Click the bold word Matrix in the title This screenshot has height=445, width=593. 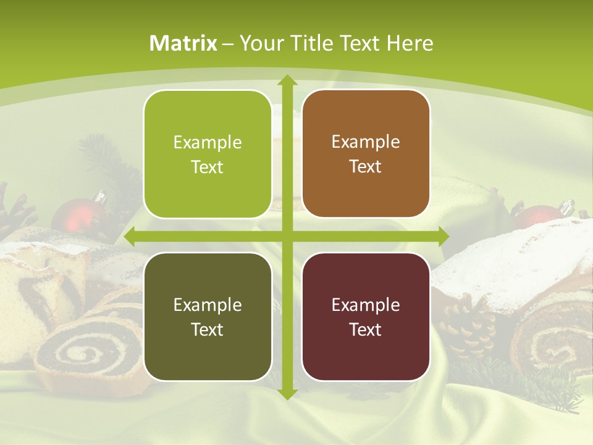click(x=183, y=43)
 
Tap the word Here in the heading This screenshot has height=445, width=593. click(x=410, y=43)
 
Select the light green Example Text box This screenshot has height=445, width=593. click(x=208, y=155)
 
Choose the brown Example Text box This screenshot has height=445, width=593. click(x=366, y=154)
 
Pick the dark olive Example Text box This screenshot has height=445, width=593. click(x=208, y=316)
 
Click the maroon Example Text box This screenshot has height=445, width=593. click(x=366, y=316)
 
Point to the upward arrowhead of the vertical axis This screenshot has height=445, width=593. click(x=287, y=80)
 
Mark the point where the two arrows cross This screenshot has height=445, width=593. click(x=287, y=237)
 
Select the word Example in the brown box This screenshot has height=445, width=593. click(x=366, y=142)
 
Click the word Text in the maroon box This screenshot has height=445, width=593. click(x=366, y=329)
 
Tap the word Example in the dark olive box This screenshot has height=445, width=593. click(x=208, y=305)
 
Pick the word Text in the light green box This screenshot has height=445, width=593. click(x=208, y=167)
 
